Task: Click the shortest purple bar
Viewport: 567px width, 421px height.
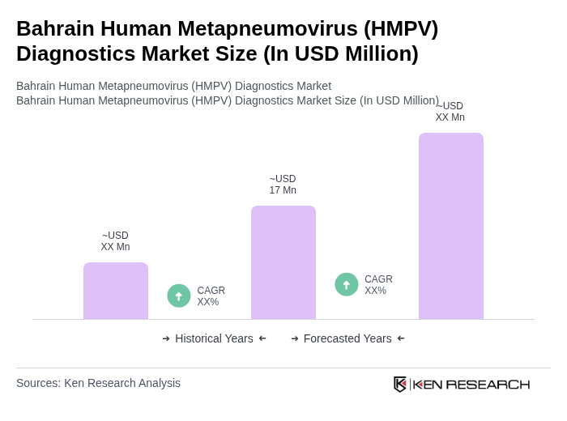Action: click(x=116, y=291)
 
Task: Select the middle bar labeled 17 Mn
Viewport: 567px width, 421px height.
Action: click(x=283, y=262)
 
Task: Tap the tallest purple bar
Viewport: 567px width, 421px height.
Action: click(x=451, y=226)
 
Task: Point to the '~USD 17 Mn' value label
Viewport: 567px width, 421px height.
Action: click(x=283, y=185)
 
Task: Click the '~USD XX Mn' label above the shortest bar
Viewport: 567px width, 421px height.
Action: click(x=115, y=241)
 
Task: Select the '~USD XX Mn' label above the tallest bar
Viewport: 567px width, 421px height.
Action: click(x=450, y=112)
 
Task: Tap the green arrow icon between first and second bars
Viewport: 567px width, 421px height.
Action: click(x=179, y=296)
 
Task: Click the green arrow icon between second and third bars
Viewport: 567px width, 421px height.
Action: click(x=347, y=284)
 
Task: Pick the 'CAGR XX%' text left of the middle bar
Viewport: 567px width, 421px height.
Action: click(x=211, y=296)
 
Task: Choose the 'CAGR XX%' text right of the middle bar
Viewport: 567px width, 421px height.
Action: click(x=378, y=285)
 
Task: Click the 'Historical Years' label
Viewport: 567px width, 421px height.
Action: click(x=214, y=338)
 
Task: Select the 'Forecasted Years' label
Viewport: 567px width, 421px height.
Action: click(x=347, y=338)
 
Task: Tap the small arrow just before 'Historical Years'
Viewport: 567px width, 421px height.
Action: click(x=166, y=338)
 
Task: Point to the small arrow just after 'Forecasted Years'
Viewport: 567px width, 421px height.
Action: click(x=401, y=338)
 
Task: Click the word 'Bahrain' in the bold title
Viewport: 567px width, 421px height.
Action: click(x=53, y=28)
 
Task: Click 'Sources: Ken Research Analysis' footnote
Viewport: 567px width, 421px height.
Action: click(x=98, y=383)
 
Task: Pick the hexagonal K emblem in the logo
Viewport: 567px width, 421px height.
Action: click(x=400, y=384)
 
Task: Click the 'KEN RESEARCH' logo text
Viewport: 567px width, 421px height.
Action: click(x=471, y=384)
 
